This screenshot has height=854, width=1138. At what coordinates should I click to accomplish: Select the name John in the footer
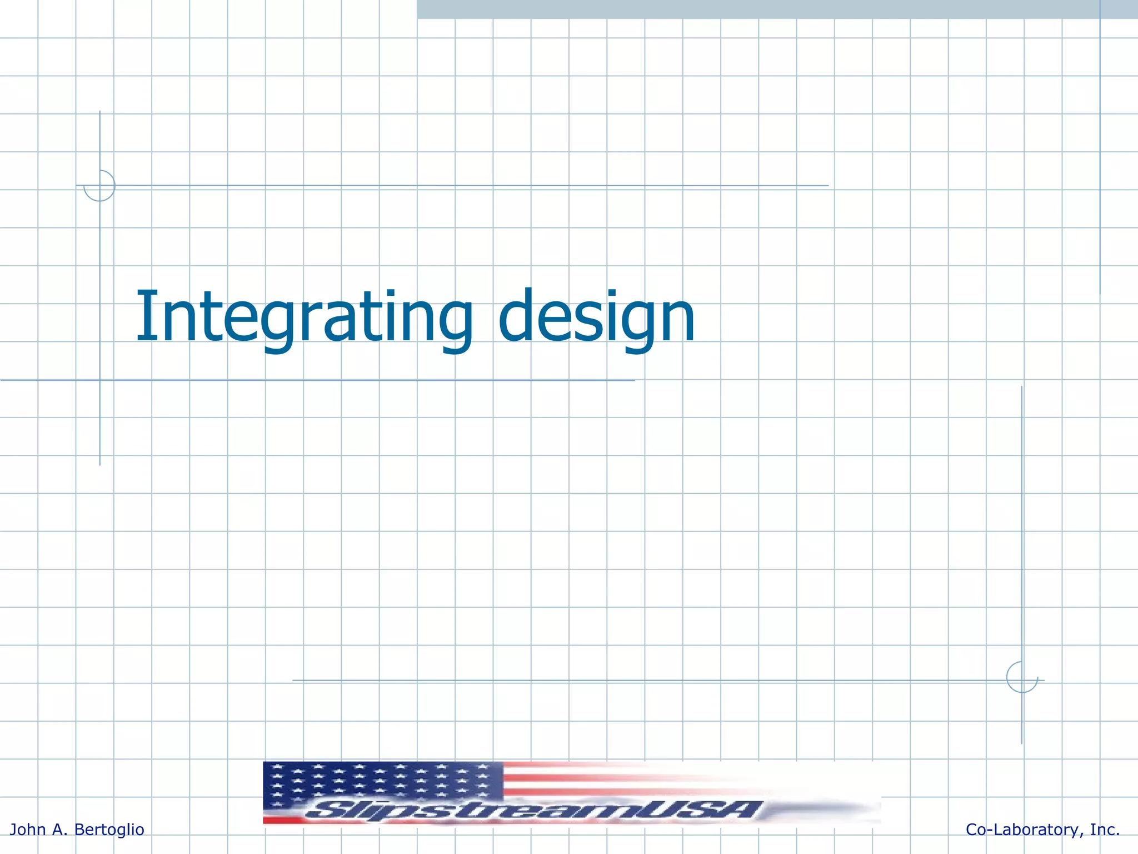[28, 830]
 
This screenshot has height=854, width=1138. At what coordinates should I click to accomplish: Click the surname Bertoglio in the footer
[109, 830]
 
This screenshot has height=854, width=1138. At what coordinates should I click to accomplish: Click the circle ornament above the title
[99, 186]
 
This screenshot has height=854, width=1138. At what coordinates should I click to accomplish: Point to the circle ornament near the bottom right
[1022, 677]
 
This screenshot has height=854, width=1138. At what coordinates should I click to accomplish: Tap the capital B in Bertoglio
[79, 830]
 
